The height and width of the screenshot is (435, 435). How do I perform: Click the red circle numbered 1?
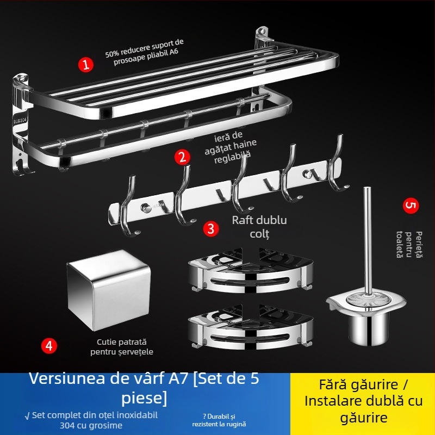click(x=85, y=64)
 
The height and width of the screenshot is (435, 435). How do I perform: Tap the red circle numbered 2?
click(x=183, y=158)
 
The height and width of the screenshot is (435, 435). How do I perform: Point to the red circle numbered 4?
click(x=49, y=346)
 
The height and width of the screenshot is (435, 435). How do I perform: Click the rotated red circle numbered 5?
click(x=411, y=206)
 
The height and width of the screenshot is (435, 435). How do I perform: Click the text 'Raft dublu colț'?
click(x=259, y=226)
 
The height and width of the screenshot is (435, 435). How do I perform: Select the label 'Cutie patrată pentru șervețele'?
click(x=122, y=347)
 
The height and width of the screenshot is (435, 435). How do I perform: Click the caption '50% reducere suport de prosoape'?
click(x=145, y=57)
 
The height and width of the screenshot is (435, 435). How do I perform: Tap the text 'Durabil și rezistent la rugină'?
click(x=219, y=419)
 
